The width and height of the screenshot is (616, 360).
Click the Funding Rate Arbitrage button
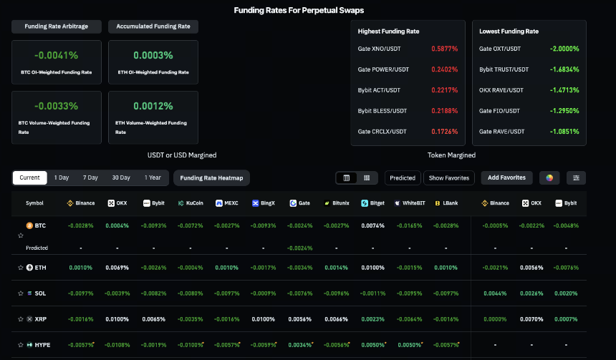[x=57, y=26]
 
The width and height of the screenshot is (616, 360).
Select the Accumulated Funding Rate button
[x=153, y=26]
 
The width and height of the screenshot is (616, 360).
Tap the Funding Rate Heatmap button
[x=211, y=177]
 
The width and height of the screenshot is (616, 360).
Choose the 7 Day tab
[x=90, y=177]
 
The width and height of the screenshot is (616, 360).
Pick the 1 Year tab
[x=153, y=177]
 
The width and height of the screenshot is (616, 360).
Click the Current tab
[x=30, y=177]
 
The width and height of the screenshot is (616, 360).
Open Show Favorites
[x=449, y=177]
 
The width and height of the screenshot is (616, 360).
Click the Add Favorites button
[x=507, y=177]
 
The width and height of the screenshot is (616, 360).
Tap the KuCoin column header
[x=191, y=203]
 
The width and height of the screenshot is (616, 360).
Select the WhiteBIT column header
[x=410, y=203]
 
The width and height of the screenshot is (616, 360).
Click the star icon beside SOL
[x=21, y=293]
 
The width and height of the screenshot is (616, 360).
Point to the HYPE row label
[x=39, y=345]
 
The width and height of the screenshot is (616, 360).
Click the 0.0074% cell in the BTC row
[x=372, y=225]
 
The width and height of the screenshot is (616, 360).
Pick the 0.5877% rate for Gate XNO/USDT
[x=445, y=49]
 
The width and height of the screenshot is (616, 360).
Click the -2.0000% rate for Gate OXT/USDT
[x=564, y=49]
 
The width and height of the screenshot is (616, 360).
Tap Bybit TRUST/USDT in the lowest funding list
[x=504, y=69]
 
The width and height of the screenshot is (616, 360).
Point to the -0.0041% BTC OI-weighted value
[x=56, y=55]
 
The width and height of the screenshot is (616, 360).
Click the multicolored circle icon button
[x=549, y=177]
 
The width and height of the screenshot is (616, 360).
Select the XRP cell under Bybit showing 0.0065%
[x=153, y=319]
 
